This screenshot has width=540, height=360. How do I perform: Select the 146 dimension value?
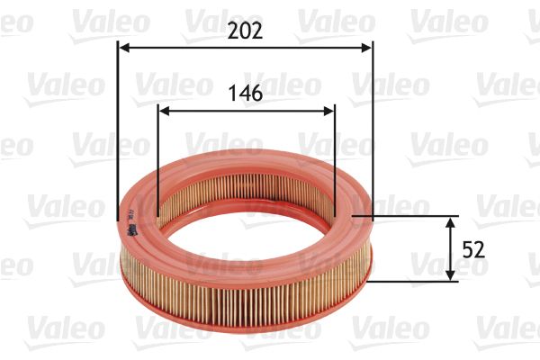point(246,93)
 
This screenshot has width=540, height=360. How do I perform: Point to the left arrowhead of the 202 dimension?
point(123,47)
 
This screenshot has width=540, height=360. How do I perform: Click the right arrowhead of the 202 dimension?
point(367,47)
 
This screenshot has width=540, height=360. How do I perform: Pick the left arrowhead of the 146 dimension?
point(163,112)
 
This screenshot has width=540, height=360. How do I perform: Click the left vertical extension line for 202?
point(118,135)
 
